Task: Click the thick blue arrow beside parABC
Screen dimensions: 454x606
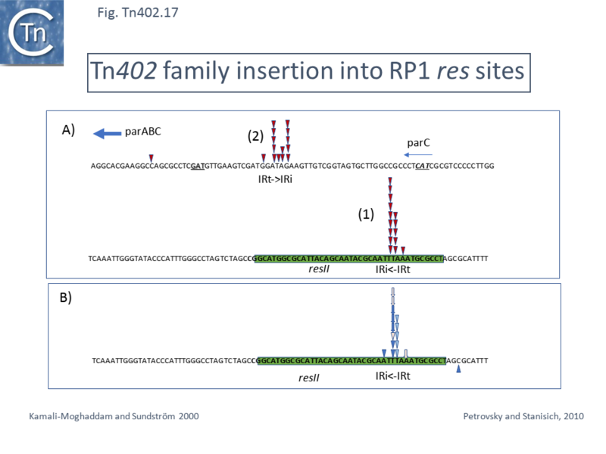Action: click(x=106, y=134)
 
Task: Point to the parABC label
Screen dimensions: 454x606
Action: click(x=143, y=132)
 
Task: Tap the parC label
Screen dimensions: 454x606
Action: click(x=419, y=141)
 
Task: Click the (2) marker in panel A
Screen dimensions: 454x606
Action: click(x=255, y=136)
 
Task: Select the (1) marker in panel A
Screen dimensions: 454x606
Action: click(x=367, y=215)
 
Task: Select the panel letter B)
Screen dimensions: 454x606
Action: click(x=67, y=298)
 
